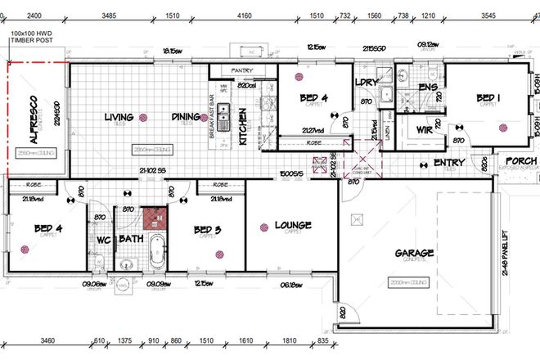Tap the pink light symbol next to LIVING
[143, 117]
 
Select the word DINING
[186, 117]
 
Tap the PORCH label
[520, 161]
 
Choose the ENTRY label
[449, 164]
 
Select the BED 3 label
[208, 230]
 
